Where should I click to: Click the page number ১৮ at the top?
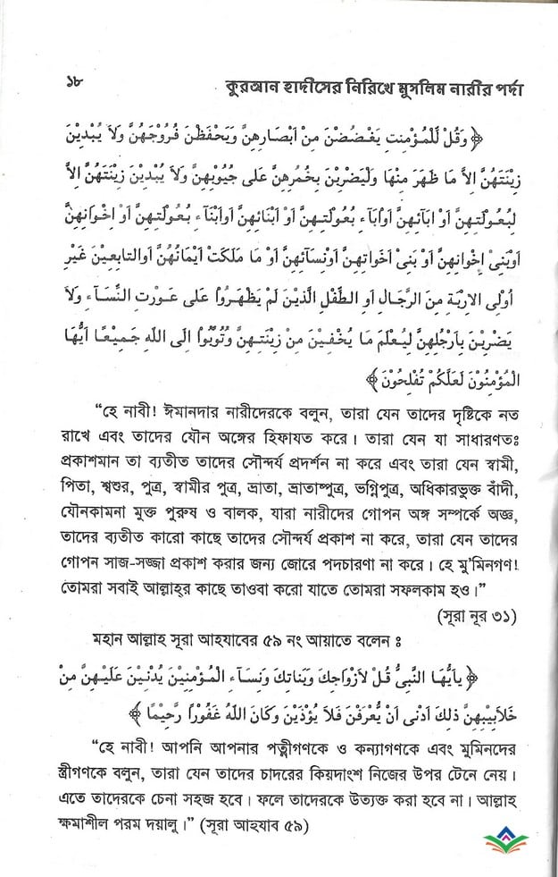(49, 85)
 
